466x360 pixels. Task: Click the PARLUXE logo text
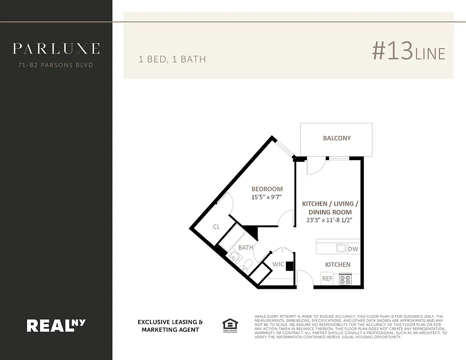click(56, 49)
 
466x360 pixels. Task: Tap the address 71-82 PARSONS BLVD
click(56, 65)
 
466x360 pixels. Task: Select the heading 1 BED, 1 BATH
click(172, 59)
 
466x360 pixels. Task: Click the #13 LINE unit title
click(408, 52)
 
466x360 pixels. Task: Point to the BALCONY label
click(337, 138)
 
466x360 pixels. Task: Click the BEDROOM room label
click(267, 189)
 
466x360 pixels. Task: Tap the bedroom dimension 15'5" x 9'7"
click(266, 197)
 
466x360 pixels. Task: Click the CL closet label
click(217, 227)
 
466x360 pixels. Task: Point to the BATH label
click(246, 247)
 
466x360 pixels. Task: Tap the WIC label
click(278, 264)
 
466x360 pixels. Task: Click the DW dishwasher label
click(353, 249)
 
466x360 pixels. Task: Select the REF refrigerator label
click(327, 279)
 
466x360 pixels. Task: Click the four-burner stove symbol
click(345, 279)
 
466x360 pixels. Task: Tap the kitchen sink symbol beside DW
click(341, 248)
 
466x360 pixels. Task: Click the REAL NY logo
click(56, 325)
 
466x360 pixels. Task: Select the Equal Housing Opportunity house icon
click(230, 324)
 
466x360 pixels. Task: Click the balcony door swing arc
click(315, 168)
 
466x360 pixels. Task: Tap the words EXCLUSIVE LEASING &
click(170, 322)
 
